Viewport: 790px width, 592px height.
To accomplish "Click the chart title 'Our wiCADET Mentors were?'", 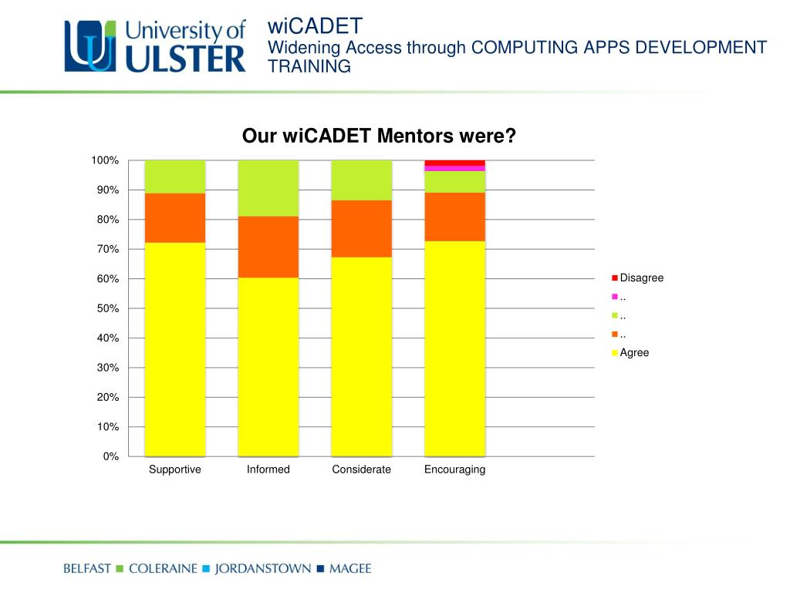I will [x=378, y=136].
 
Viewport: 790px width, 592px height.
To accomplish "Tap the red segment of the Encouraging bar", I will [x=454, y=163].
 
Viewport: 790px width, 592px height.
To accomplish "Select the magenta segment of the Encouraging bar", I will [x=454, y=168].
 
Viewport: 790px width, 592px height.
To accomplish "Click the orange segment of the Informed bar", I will [x=268, y=247].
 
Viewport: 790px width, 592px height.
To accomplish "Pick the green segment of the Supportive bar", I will [x=175, y=177].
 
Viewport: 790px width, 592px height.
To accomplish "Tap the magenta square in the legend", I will [x=615, y=297].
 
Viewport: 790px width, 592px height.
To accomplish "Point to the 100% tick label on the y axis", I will [x=105, y=160].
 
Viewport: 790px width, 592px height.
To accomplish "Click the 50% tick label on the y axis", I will [x=107, y=308].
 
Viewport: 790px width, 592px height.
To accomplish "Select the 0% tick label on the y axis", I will [x=110, y=456].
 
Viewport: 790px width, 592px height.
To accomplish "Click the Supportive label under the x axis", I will [x=175, y=469].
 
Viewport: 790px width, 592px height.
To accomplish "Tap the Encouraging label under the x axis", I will [x=454, y=469].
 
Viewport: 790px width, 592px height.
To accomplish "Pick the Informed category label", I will [x=268, y=469].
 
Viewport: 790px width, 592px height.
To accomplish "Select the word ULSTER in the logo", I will [x=185, y=59].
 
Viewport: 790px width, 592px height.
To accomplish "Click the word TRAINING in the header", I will [x=309, y=66].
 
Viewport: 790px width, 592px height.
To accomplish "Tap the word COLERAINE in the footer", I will [x=162, y=569].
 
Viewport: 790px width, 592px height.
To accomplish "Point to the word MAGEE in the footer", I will [x=349, y=569].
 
